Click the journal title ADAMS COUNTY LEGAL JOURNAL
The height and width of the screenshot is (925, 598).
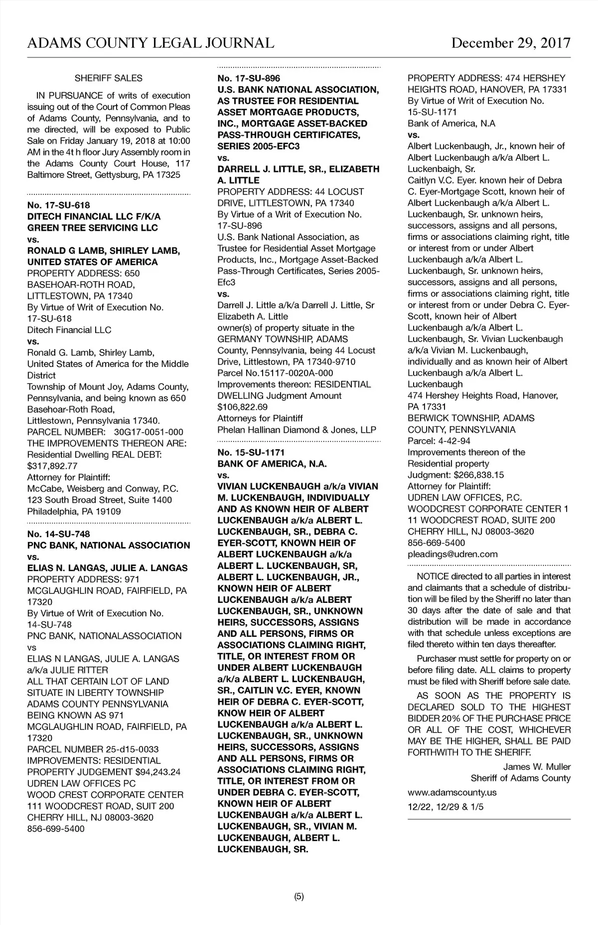pos(150,43)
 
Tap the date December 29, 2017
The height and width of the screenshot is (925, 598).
pos(511,43)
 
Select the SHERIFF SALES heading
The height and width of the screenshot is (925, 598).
pos(108,78)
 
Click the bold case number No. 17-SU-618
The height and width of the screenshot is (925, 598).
pos(58,205)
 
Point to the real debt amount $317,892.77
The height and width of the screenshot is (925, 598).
pos(52,466)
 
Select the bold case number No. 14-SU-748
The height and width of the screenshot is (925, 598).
pos(58,534)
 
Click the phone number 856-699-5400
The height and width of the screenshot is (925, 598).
pos(56,829)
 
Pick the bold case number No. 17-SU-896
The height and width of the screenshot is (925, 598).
pos(249,78)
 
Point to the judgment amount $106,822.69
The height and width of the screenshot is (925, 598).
pos(242,407)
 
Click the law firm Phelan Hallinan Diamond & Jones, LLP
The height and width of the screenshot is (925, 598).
pos(297,429)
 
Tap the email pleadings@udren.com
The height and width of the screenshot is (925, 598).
pos(452,554)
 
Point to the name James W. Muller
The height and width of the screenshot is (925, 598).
pos(537,766)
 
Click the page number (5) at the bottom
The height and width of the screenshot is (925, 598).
pos(299,897)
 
